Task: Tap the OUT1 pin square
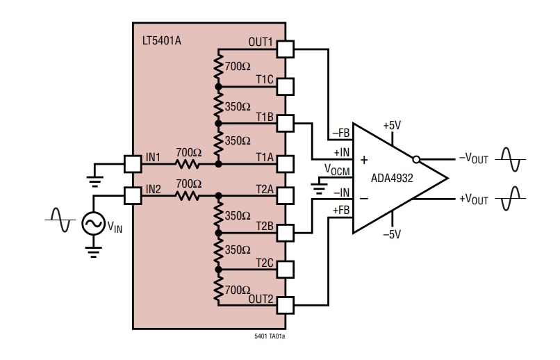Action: (x=285, y=49)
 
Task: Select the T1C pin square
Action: (x=285, y=86)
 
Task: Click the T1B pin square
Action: (x=285, y=123)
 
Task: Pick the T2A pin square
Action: (x=285, y=197)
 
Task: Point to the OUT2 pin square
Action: (x=285, y=304)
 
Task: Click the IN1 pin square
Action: (x=133, y=164)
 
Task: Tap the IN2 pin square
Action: (x=133, y=195)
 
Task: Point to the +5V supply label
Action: (x=392, y=126)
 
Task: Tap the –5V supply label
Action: (x=392, y=234)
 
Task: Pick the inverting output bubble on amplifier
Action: (x=416, y=158)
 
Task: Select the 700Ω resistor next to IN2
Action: (x=187, y=195)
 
